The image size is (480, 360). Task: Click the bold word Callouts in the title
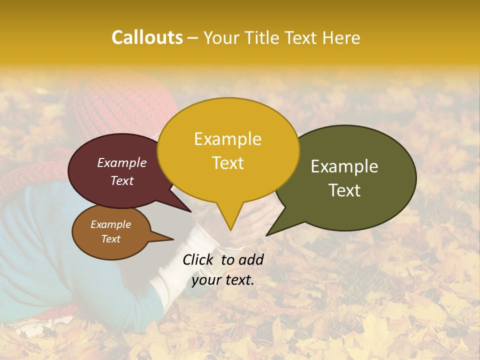pos(147,37)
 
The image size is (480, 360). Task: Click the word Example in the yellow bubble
pos(227,139)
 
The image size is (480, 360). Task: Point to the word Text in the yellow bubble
pos(227,163)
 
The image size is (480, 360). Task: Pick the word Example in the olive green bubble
pos(344,166)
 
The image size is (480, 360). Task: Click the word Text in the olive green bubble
pos(344,190)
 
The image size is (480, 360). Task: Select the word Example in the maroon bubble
pos(121,162)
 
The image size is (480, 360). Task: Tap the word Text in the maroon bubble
pos(121,180)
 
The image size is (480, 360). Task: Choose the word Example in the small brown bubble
pos(110,224)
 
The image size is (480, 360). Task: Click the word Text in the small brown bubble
pos(110,239)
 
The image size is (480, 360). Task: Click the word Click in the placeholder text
pos(199,259)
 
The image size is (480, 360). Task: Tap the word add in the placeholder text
pos(251,259)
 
